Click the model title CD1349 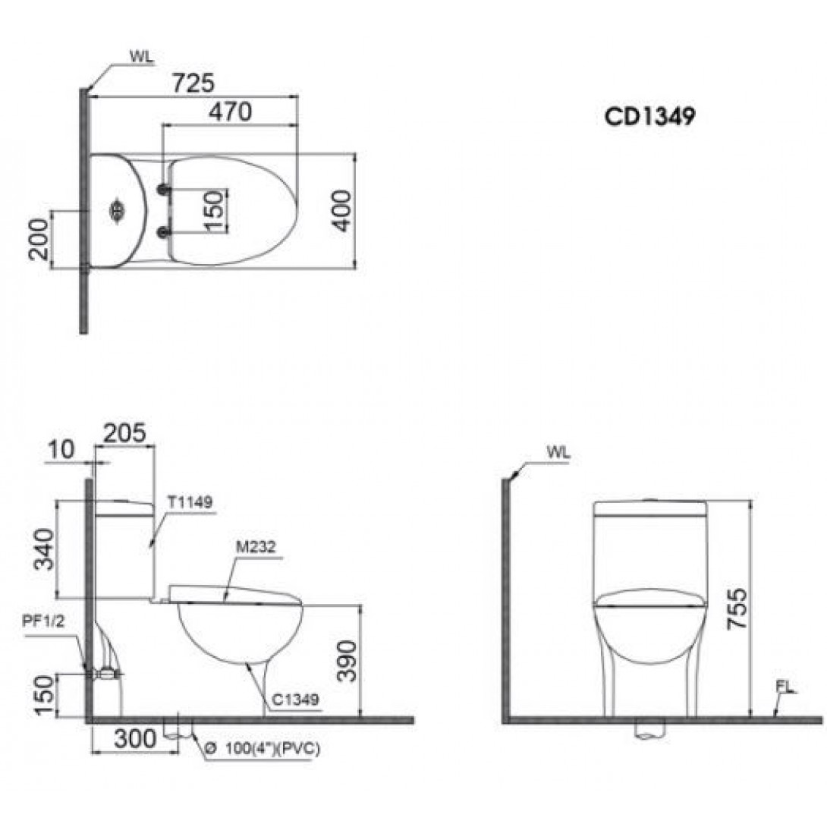coord(649,117)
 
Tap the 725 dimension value coord(194,83)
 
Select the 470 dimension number coord(231,112)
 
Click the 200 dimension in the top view coord(39,240)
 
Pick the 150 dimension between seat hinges coord(214,211)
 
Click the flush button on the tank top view coord(117,211)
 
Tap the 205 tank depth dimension coord(124,433)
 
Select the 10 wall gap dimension coord(61,450)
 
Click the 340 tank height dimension coord(44,549)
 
